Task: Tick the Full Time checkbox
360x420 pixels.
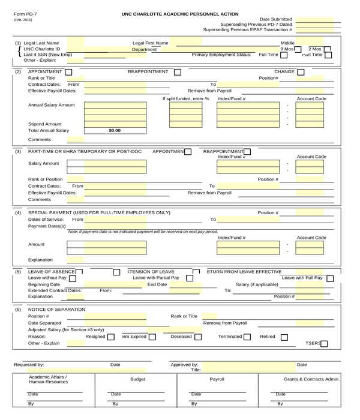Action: pyautogui.click(x=284, y=55)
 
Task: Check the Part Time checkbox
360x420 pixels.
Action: pyautogui.click(x=328, y=55)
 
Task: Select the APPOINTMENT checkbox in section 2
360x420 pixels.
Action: pyautogui.click(x=69, y=72)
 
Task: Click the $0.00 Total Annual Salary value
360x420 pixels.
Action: pyautogui.click(x=114, y=130)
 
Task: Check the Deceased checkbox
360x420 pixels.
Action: pyautogui.click(x=199, y=337)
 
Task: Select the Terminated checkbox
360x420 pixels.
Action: pyautogui.click(x=247, y=337)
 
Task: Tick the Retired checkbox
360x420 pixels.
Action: pyautogui.click(x=284, y=337)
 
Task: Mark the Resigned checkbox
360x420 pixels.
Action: pyautogui.click(x=110, y=337)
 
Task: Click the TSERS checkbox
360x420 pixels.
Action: pyautogui.click(x=324, y=344)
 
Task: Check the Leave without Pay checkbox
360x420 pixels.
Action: pyautogui.click(x=72, y=278)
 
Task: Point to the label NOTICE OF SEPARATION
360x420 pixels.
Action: pyautogui.click(x=57, y=309)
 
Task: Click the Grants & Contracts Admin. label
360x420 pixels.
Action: pyautogui.click(x=312, y=379)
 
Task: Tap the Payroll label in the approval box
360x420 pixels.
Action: pyautogui.click(x=217, y=379)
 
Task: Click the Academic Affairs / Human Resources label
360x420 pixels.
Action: pyautogui.click(x=49, y=379)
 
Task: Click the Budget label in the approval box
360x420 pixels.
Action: pyautogui.click(x=138, y=379)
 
